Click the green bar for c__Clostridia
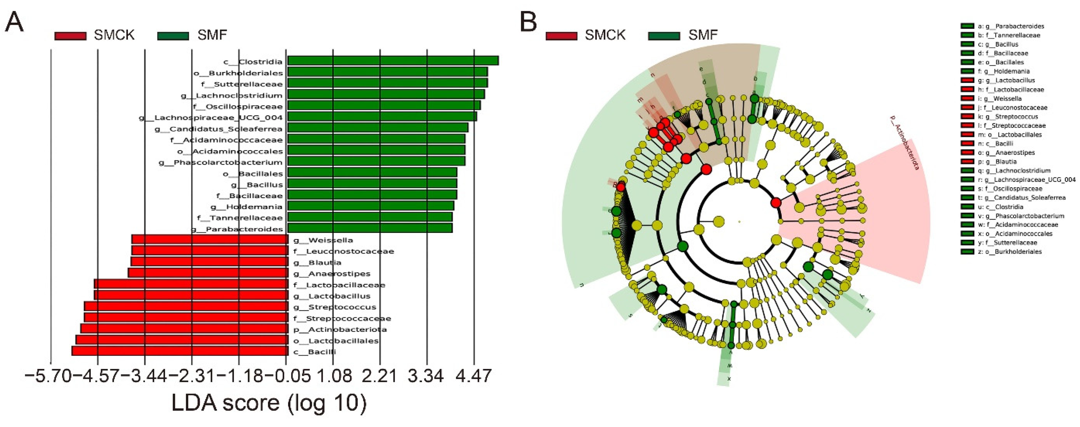(x=393, y=61)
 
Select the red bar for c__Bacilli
(x=180, y=351)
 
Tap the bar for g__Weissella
(x=210, y=239)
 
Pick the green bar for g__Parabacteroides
(x=370, y=228)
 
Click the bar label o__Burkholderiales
(x=238, y=73)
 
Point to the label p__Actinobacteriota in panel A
(x=340, y=329)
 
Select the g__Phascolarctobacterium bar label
(x=221, y=162)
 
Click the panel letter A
(x=14, y=22)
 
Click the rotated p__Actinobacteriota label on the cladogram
(x=903, y=143)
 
